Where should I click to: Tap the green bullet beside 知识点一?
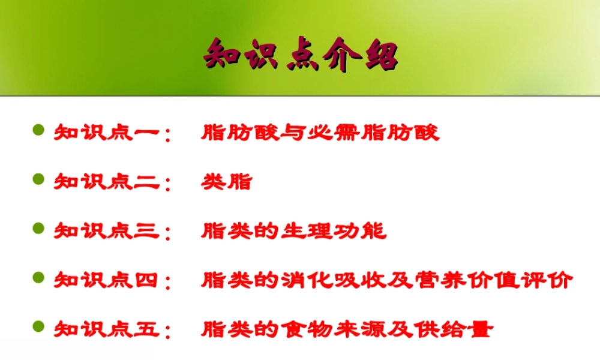pos(39,130)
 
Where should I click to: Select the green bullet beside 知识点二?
pos(39,179)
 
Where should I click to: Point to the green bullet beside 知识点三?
pos(39,229)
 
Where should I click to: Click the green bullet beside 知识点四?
pos(39,278)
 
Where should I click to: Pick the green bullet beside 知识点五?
pos(39,327)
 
